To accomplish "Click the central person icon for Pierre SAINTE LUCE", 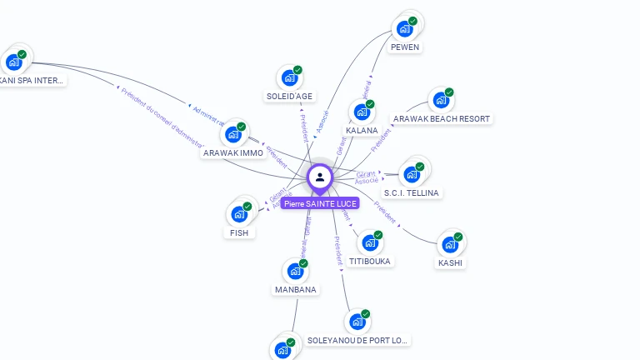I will pos(319,177).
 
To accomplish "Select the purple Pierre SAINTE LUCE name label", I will pos(320,203).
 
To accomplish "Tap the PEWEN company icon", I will pos(404,29).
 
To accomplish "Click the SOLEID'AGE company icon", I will pos(289,78).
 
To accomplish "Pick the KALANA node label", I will pos(362,130).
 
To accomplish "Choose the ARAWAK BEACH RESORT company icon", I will pos(440,101).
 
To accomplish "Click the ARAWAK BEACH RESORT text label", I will pos(442,119).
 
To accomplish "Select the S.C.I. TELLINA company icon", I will pos(411,175).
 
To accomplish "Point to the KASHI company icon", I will pos(450,245).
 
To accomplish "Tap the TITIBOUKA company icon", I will pos(369,243).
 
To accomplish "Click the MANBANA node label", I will pos(295,289).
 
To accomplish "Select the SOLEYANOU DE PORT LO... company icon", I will pos(357,322).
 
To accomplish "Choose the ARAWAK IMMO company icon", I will pos(232,135).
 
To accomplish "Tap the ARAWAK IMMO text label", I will pos(233,153).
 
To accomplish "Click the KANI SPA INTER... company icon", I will pos(13,62).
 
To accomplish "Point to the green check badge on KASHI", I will pos(458,237).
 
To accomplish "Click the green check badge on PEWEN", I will pos(412,21).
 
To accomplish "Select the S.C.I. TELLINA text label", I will pos(412,193).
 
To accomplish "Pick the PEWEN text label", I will pos(405,47).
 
